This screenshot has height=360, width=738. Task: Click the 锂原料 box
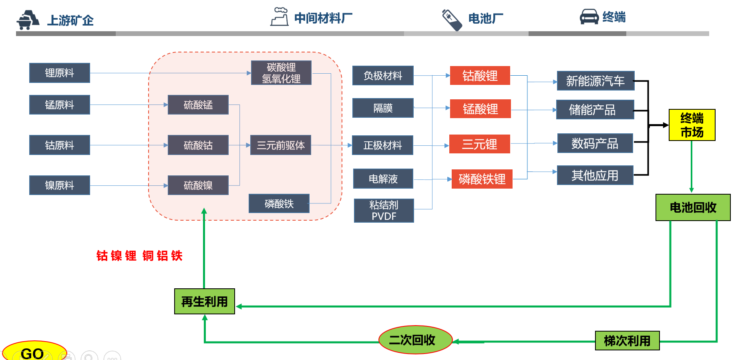[60, 73]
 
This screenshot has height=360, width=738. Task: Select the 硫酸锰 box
[198, 105]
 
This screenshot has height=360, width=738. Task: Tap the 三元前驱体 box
[281, 145]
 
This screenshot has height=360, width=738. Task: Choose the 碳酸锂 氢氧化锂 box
[281, 73]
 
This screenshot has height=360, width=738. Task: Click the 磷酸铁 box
[279, 203]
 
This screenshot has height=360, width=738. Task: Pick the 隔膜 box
[383, 108]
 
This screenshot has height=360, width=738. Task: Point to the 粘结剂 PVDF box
[384, 211]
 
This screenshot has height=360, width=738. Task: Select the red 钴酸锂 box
[480, 76]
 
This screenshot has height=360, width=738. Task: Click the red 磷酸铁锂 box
[482, 179]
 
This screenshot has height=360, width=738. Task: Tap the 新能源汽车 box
[595, 81]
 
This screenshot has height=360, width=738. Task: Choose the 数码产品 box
[595, 143]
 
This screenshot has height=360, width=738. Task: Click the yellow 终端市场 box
[692, 125]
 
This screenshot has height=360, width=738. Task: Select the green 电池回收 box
[693, 207]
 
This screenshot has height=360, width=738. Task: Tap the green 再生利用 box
[205, 302]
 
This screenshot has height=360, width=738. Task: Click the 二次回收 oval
[415, 340]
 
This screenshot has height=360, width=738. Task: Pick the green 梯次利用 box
[627, 341]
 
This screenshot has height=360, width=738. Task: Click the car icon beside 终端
[589, 17]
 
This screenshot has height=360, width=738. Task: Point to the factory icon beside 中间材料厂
[280, 17]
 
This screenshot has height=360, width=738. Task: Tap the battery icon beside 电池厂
[452, 19]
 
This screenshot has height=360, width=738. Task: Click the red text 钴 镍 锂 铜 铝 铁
[139, 255]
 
